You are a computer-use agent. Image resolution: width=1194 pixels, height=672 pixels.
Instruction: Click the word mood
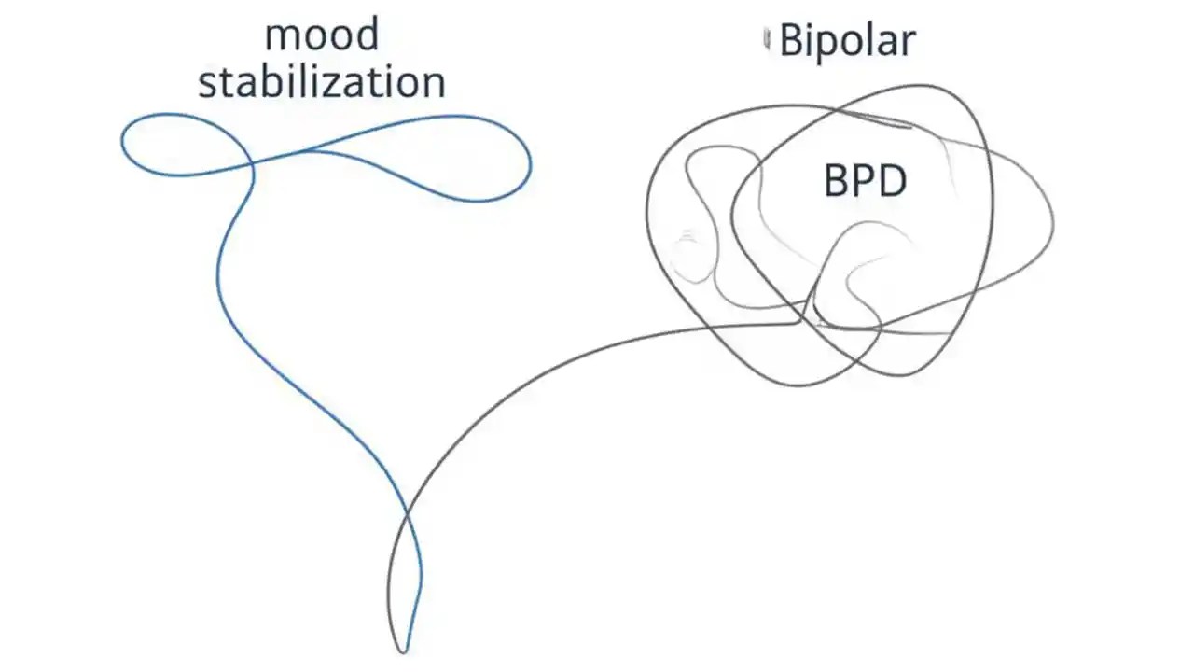point(322,36)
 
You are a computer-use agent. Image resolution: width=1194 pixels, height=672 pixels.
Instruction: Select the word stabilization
point(322,82)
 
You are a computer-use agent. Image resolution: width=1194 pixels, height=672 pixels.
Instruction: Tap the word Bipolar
point(847,41)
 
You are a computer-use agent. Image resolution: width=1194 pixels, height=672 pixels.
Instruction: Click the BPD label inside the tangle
point(865,181)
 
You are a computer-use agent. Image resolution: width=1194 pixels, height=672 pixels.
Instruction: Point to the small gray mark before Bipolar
point(767,39)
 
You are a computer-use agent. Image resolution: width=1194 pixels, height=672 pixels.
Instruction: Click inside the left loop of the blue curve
point(182,145)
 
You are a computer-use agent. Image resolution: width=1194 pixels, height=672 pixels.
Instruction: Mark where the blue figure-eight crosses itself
point(253,165)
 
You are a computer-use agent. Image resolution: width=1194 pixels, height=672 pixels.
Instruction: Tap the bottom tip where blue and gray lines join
point(403,651)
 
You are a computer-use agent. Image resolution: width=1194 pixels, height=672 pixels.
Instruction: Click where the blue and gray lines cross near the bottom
point(407,515)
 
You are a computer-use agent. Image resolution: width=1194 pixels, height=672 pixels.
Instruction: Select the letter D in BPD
point(892,181)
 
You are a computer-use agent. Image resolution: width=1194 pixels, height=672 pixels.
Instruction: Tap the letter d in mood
point(367,35)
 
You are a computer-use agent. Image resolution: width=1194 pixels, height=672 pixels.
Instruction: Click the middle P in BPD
point(864,181)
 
